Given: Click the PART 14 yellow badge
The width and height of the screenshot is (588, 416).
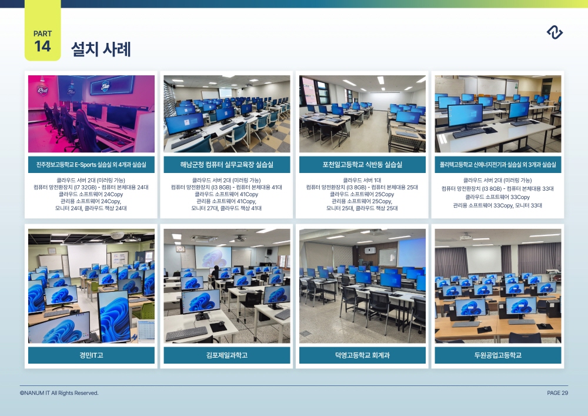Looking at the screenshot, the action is tap(43, 31).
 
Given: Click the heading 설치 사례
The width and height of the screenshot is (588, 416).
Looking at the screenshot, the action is tap(101, 49).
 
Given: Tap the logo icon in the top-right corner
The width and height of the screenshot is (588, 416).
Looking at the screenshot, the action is tap(554, 32).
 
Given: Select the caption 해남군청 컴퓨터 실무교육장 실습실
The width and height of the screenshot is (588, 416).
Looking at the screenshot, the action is tap(227, 165).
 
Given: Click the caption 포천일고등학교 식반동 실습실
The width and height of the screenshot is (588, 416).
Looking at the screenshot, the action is tap(362, 165).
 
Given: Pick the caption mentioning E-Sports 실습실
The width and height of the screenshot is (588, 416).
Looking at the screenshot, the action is tap(91, 165).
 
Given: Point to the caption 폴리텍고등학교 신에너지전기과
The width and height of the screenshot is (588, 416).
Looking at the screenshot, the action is tap(498, 165).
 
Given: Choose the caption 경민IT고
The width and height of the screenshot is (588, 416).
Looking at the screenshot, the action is tap(91, 355).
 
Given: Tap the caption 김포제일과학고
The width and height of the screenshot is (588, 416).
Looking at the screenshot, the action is tap(227, 355).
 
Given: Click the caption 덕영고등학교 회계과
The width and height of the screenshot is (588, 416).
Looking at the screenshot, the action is tap(362, 355).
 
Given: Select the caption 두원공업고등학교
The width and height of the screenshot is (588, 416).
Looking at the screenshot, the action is tap(498, 355).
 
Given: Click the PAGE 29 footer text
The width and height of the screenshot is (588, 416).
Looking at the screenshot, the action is tap(557, 392).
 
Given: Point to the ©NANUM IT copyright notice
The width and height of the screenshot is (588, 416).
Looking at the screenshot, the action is tap(59, 392).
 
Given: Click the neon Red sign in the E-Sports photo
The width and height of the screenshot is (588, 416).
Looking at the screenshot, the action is tap(42, 90).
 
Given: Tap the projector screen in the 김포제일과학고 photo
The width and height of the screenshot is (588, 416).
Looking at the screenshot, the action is tap(213, 257).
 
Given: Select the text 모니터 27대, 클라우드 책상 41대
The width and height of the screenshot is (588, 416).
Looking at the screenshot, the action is tap(226, 208).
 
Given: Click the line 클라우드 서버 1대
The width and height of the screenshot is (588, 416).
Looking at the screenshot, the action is tap(362, 181).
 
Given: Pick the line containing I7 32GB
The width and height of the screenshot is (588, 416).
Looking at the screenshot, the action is tap(91, 187).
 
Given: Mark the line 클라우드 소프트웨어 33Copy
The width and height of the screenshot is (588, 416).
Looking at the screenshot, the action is tap(497, 197).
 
